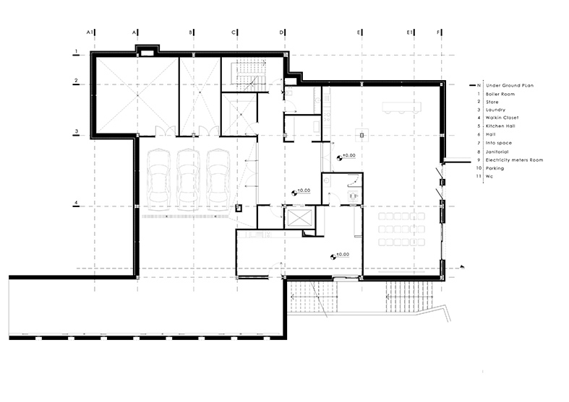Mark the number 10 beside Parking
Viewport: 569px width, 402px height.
pyautogui.click(x=478, y=168)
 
